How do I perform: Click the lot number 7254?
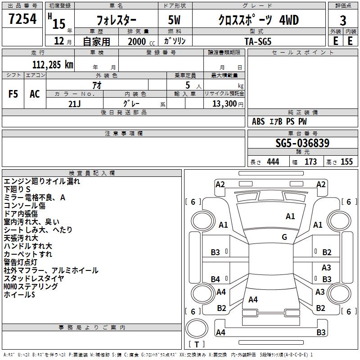pos(22,19)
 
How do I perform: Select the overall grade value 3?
pos(343,21)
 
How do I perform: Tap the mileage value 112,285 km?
pos(53,65)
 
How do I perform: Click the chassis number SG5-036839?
pos(302,143)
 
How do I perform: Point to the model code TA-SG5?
pos(258,41)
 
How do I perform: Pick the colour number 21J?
pos(74,104)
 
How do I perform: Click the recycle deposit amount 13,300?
pos(224,103)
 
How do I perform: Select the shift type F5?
pos(13,94)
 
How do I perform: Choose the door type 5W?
pos(174,20)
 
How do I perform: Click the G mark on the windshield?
pos(284,237)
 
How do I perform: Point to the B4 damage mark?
pos(215,279)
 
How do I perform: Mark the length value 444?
pos(273,162)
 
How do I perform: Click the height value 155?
pos(346,162)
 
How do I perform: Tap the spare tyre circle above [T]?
pos(197,328)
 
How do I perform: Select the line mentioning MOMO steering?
pos(31,286)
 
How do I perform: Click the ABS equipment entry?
pos(258,121)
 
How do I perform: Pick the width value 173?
pos(310,162)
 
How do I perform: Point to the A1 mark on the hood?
pos(290,216)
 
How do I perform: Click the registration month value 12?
pos(59,41)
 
